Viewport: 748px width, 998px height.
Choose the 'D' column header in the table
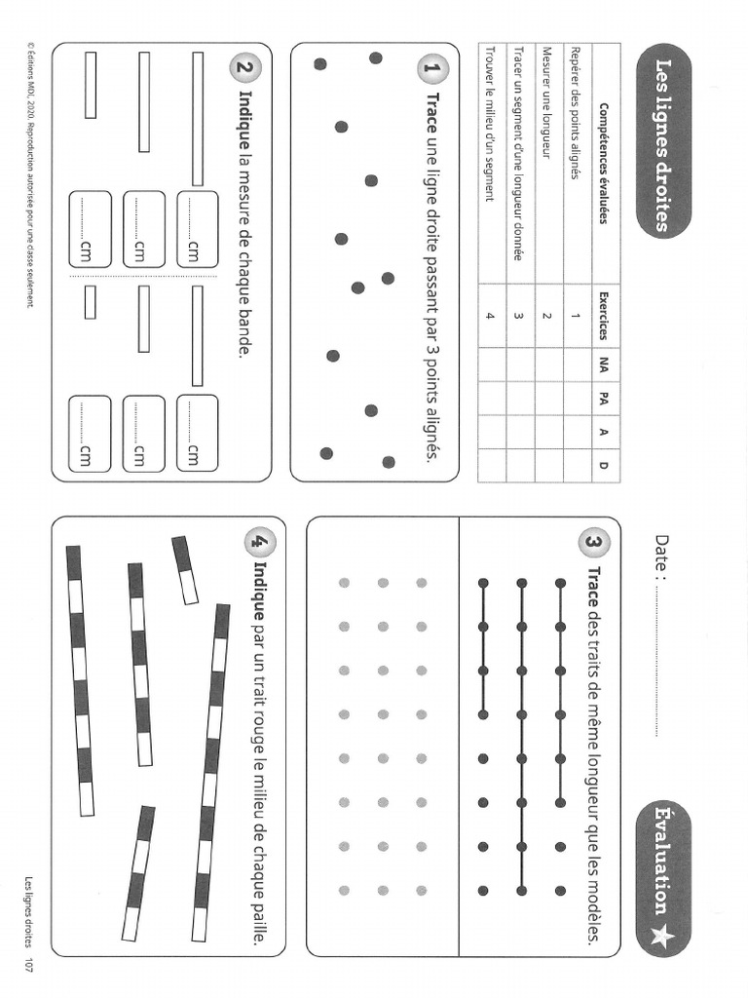click(603, 465)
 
